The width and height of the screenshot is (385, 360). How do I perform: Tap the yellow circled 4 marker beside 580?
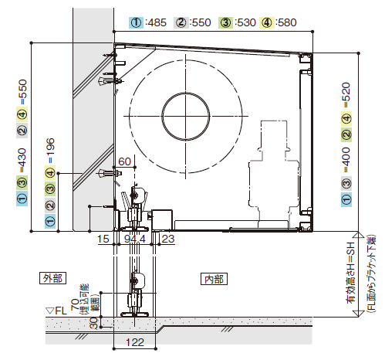[x=267, y=22]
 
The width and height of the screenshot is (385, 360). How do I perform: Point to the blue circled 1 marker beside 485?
[x=136, y=22]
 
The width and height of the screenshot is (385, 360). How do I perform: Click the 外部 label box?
[x=52, y=278]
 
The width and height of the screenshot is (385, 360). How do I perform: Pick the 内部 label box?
[x=214, y=279]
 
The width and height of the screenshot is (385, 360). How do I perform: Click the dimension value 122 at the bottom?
[x=135, y=342]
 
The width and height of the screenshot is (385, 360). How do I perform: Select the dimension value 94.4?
[x=135, y=239]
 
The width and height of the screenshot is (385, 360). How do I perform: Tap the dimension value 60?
[x=125, y=161]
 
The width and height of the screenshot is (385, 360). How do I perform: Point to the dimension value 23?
[x=168, y=239]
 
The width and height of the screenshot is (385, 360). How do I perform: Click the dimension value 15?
[x=103, y=239]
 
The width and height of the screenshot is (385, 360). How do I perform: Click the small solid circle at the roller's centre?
[x=186, y=117]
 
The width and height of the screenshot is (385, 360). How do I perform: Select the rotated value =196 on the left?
[x=50, y=151]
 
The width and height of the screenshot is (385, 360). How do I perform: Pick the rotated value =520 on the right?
[x=346, y=95]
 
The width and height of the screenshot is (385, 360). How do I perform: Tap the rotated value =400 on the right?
[x=346, y=160]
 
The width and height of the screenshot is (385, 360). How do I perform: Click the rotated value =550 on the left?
[x=22, y=92]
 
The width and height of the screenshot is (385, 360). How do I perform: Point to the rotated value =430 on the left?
[x=22, y=160]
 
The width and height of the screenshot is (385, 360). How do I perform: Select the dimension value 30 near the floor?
[x=94, y=323]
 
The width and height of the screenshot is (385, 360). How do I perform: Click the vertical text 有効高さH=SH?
[x=351, y=273]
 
